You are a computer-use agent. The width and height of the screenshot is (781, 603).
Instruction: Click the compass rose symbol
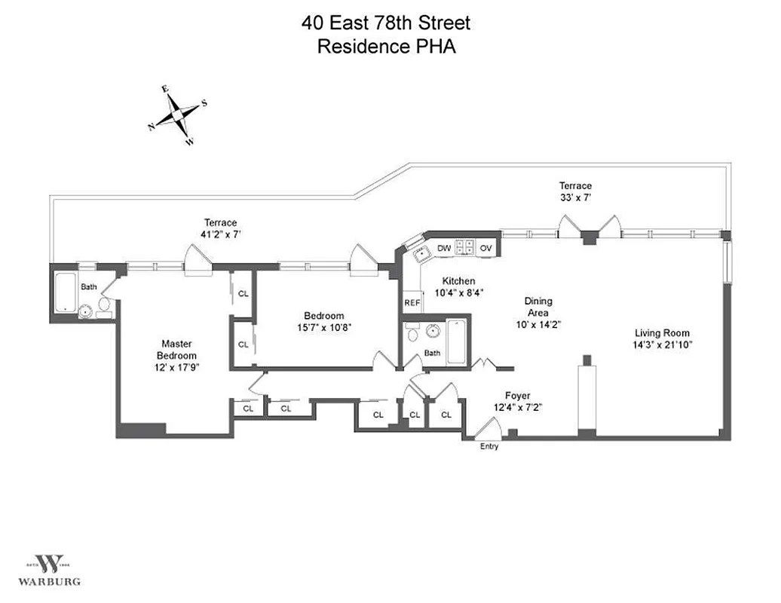coord(177,115)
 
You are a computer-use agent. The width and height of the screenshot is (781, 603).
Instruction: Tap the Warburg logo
coord(51,568)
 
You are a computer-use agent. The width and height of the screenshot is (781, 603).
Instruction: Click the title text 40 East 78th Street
coord(387,23)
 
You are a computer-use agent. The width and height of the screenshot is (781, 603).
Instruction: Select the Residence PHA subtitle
coord(387,46)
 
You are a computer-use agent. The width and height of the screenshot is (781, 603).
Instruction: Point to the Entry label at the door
coord(489,446)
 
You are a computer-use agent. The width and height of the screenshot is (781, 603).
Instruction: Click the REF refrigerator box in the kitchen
coord(412,302)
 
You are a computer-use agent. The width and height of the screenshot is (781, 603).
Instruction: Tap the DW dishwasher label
coord(444,247)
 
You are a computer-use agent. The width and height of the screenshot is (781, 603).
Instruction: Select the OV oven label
coord(486,247)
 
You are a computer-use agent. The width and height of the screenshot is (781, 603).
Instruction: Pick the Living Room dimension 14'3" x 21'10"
coord(663,344)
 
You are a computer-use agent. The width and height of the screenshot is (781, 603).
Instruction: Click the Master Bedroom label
coord(176,350)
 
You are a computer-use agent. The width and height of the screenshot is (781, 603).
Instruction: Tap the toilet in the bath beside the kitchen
coord(412,332)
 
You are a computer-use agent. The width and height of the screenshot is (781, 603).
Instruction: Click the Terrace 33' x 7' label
coord(575,191)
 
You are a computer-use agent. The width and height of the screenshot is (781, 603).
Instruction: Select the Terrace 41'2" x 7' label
coord(220,228)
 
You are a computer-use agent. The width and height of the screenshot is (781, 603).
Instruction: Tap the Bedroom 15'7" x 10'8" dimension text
coord(323,327)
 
